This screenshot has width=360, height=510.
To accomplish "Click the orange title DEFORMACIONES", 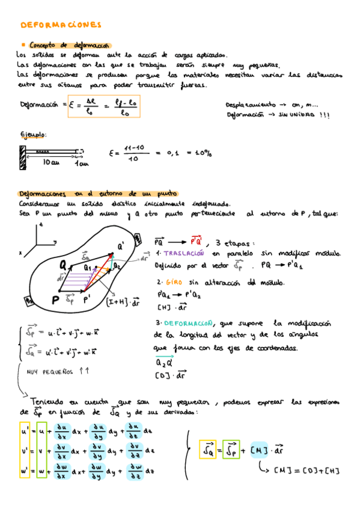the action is [61, 25].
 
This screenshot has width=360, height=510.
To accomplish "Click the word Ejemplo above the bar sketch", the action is [33, 134].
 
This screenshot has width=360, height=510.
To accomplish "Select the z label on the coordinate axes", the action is [41, 225].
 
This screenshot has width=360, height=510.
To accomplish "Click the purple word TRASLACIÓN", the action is [182, 254].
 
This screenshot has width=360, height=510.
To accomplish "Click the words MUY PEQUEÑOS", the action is [49, 371].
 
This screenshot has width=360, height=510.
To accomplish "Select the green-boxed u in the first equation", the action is [41, 431].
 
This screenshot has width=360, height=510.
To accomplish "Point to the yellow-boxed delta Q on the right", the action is [208, 449].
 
